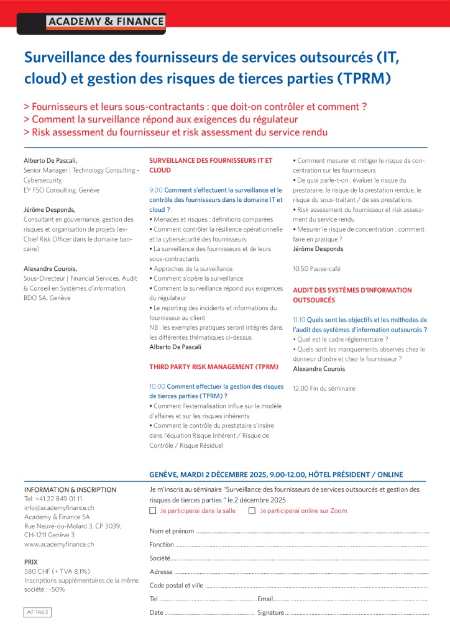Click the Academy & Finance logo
tap(106, 22)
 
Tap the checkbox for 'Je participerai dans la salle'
tap(153, 511)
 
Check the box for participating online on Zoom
tap(252, 511)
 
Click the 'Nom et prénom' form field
tap(311, 532)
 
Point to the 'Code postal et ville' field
tap(317, 585)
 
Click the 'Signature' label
tap(270, 612)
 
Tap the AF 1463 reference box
tap(37, 612)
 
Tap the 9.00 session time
tap(156, 190)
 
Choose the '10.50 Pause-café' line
tap(316, 269)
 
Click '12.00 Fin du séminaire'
tap(324, 388)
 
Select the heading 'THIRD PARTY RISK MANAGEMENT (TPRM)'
tap(214, 366)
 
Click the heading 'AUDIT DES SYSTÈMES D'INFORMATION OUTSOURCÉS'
tap(352, 294)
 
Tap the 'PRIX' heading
tap(31, 561)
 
